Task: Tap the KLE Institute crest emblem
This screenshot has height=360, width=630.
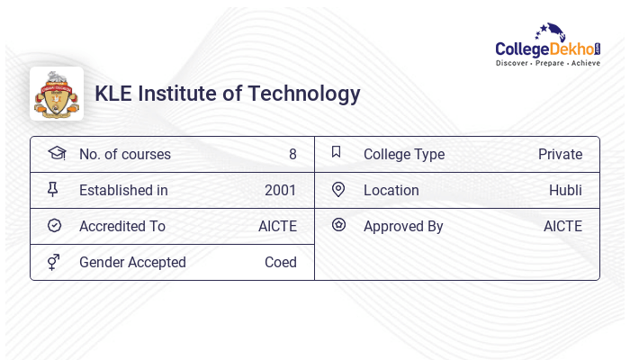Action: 57,94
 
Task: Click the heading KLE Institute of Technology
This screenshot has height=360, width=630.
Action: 228,94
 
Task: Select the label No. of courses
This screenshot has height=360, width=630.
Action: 124,154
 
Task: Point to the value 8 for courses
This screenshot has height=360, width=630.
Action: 292,154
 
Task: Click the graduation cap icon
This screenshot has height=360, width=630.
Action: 56,153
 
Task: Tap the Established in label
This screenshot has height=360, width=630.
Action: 123,190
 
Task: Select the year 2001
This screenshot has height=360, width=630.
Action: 280,190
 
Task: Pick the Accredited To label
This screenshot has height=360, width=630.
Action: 122,226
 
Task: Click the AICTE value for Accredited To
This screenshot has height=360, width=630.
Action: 277,226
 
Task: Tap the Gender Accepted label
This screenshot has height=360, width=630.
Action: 132,262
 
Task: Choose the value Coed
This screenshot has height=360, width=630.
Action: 280,262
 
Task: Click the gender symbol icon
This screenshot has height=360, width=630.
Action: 54,262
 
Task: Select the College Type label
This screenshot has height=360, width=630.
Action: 404,154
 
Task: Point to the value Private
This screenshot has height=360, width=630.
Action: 560,154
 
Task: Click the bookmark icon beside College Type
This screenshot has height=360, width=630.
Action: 337,152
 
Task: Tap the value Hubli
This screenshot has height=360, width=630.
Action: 565,190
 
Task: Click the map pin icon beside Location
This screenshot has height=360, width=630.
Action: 338,189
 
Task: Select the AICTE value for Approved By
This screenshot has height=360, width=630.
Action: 562,226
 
